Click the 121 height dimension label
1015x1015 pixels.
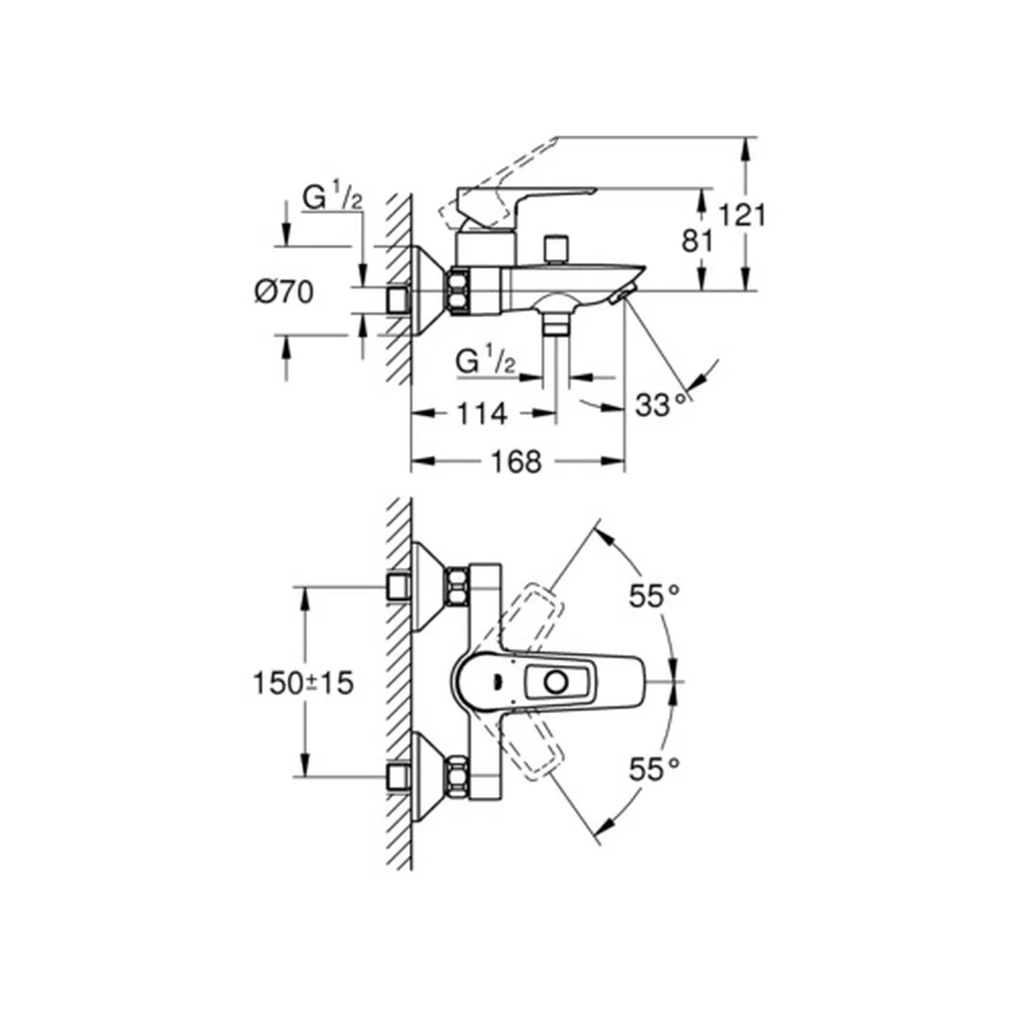(x=742, y=216)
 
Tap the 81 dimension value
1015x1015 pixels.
(x=697, y=242)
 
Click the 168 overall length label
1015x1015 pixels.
(x=516, y=462)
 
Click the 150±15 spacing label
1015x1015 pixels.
(x=304, y=683)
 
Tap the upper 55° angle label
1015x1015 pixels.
(x=654, y=597)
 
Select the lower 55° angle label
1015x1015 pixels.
(x=654, y=771)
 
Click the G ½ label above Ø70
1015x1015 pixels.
(x=332, y=198)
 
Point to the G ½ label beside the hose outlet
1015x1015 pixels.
(x=486, y=361)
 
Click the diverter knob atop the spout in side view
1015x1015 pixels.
(x=557, y=249)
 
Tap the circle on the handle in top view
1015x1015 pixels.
(x=556, y=683)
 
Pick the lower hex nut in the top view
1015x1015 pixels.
(x=458, y=777)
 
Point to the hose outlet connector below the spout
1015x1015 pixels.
(x=557, y=322)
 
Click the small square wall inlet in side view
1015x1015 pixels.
(x=398, y=302)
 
